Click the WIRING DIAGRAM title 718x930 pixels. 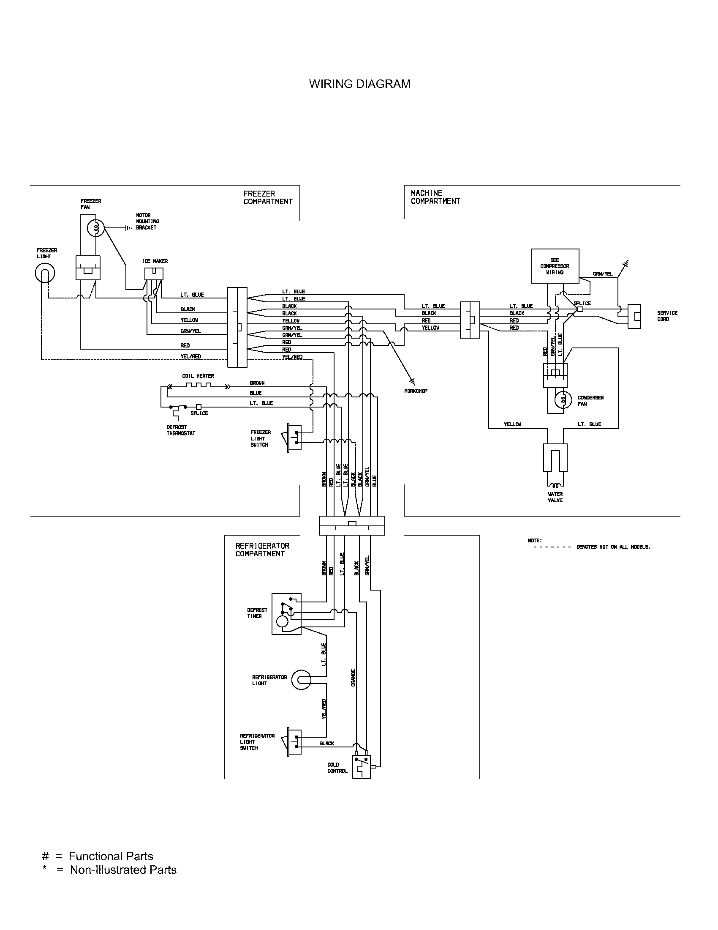[359, 84]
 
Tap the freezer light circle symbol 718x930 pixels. [45, 274]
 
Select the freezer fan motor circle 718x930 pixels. [96, 229]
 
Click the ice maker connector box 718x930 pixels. [154, 274]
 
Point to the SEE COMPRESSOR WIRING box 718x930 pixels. [555, 266]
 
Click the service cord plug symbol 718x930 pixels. [634, 316]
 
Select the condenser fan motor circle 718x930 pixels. [563, 399]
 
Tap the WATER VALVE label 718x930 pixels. [555, 497]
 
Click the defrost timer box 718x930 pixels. [286, 614]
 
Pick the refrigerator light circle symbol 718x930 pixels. [301, 680]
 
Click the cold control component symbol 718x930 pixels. [362, 767]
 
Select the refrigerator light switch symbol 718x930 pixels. [295, 742]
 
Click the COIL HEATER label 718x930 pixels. [198, 376]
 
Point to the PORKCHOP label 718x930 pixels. [416, 391]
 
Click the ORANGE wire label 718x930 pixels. [353, 678]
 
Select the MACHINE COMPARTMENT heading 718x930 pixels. [435, 197]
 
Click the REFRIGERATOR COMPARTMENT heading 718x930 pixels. [262, 550]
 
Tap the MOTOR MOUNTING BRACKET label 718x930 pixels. [147, 222]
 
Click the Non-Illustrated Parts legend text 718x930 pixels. [123, 870]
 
